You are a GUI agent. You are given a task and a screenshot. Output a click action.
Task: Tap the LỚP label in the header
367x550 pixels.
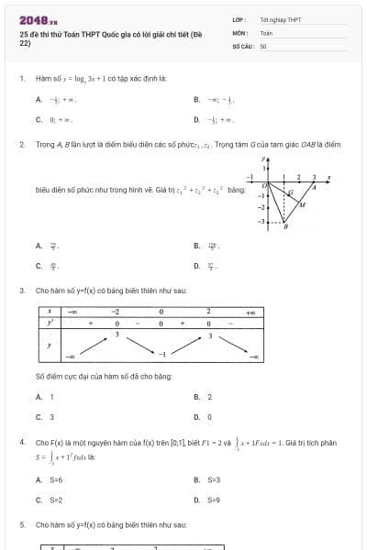(239, 19)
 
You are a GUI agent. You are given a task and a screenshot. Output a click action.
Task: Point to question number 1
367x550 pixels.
(21, 79)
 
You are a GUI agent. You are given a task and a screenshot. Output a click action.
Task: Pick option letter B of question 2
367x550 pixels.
(196, 246)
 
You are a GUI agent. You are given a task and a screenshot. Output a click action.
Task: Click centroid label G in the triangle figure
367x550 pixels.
(291, 192)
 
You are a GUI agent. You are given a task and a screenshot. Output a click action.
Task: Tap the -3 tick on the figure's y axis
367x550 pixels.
(260, 222)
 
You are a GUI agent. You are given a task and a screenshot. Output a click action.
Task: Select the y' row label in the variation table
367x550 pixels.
(49, 323)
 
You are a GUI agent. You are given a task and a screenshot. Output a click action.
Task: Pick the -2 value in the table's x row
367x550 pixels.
(116, 312)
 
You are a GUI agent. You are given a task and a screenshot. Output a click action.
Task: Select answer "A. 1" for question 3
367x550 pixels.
(45, 397)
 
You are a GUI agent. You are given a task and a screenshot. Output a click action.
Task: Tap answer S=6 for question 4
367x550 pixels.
(50, 479)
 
